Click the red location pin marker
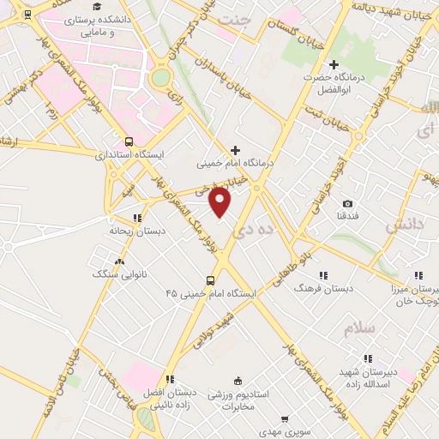point(220,202)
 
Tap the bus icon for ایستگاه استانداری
point(129,141)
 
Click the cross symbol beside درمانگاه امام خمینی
point(237,149)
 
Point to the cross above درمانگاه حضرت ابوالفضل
point(334,64)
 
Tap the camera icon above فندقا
point(347,203)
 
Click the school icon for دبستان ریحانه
point(137,218)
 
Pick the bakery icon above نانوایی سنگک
point(119,262)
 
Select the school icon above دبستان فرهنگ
point(323,275)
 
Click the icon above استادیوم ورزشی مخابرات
point(238,381)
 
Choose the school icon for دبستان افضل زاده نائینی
point(170,378)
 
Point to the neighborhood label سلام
point(359,328)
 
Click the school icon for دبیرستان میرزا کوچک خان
point(419,275)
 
